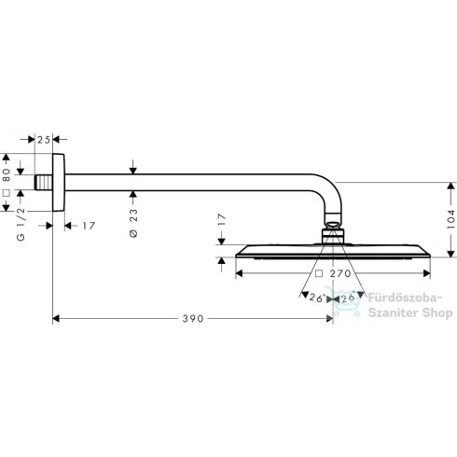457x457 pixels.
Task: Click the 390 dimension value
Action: click(x=193, y=319)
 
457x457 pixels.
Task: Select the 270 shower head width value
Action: click(x=340, y=273)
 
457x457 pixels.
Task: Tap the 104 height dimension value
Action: click(x=450, y=219)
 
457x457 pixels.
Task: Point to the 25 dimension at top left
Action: click(x=44, y=140)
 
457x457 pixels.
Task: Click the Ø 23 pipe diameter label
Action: click(x=133, y=223)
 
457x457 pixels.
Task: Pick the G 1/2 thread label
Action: click(x=21, y=224)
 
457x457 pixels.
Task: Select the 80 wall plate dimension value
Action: click(x=7, y=174)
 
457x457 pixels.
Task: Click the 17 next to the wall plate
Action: click(x=89, y=226)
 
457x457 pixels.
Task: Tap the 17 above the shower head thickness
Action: click(x=221, y=220)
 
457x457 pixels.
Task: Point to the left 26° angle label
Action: click(x=317, y=298)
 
